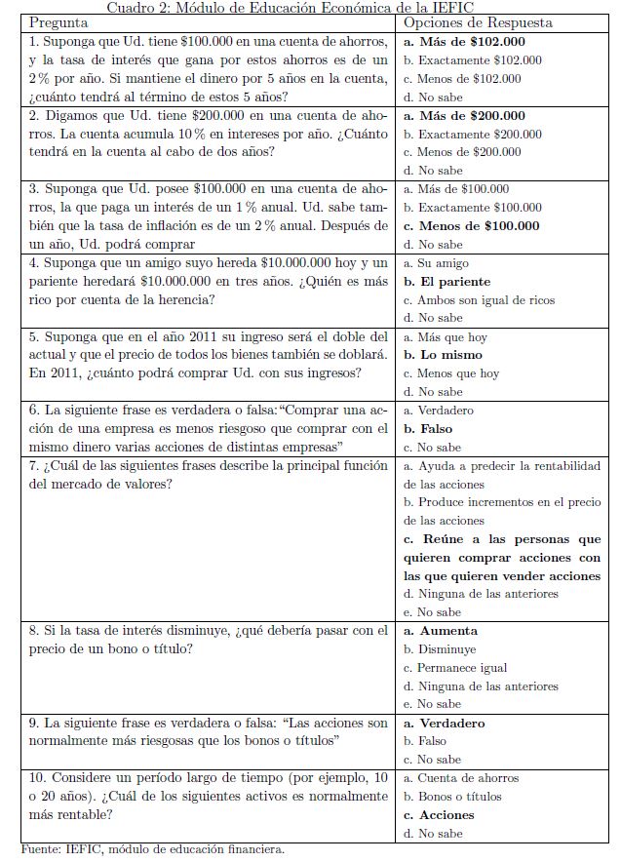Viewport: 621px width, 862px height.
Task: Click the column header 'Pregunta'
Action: pyautogui.click(x=58, y=22)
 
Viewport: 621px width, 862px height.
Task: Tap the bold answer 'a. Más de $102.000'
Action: pyautogui.click(x=464, y=41)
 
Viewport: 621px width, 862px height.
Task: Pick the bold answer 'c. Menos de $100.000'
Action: pyautogui.click(x=471, y=226)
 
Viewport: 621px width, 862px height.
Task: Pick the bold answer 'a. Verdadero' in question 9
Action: pyautogui.click(x=445, y=724)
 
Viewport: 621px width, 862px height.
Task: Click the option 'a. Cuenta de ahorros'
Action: pyautogui.click(x=461, y=778)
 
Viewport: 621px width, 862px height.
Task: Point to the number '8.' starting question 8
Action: pyautogui.click(x=35, y=631)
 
